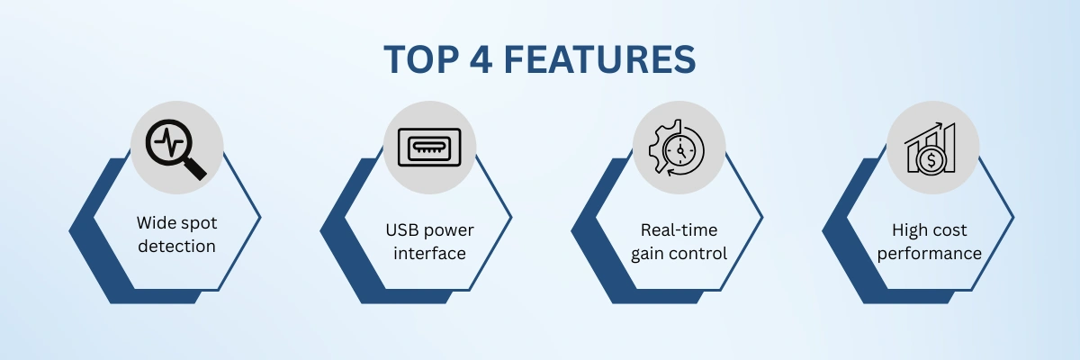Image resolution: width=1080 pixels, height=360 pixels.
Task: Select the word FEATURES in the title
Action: (x=598, y=59)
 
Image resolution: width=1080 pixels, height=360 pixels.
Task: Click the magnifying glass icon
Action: (x=176, y=147)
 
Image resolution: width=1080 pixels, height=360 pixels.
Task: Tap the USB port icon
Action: (x=428, y=146)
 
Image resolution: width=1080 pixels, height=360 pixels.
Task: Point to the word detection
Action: (x=176, y=246)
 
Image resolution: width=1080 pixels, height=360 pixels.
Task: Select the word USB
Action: (x=402, y=229)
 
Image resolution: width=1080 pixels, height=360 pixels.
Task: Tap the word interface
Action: (x=428, y=253)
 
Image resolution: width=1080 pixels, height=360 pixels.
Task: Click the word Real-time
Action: (x=679, y=229)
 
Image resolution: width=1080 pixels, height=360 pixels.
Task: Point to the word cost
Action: (x=950, y=230)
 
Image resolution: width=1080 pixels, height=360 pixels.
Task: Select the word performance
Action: (x=930, y=254)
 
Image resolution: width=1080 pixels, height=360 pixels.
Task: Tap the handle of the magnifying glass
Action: (x=194, y=166)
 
